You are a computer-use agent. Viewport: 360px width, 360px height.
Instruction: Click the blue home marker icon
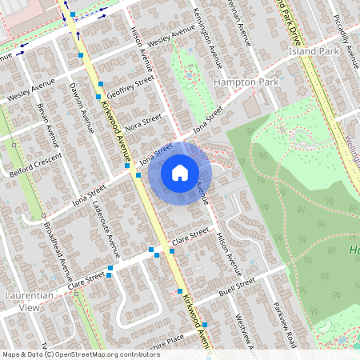pos(180,172)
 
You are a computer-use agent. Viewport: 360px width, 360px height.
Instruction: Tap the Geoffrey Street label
pos(129,86)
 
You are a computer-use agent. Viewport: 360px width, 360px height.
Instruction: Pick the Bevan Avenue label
pos(48,126)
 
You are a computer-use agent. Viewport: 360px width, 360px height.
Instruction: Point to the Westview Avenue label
pos(245,328)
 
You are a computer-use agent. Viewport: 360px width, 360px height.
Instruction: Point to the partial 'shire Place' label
pos(164,340)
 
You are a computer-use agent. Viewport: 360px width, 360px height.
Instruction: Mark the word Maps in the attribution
pos(11,354)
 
